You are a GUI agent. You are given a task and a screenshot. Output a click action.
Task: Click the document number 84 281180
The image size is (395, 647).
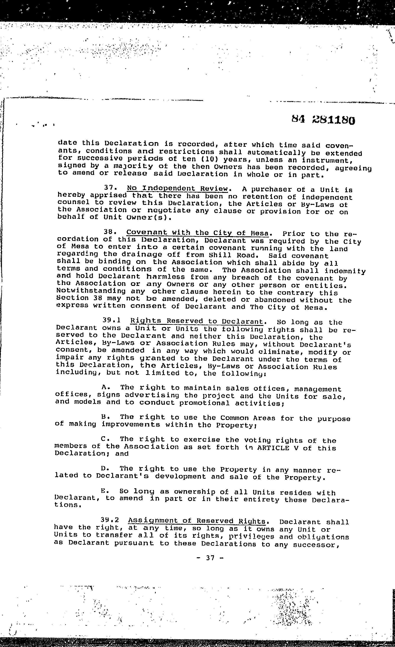click(324, 120)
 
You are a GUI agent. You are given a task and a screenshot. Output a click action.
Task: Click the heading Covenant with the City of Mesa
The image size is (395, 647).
click(197, 233)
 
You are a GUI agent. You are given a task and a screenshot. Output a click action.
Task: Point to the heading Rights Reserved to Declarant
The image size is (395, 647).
click(197, 321)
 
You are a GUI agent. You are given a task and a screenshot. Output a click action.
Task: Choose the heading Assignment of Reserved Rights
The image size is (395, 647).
click(197, 521)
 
